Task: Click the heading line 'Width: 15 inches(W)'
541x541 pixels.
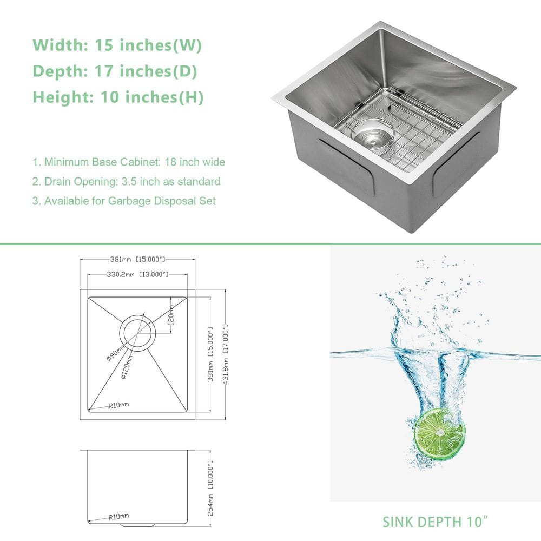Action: point(117,45)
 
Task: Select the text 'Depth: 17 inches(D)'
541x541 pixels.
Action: point(115,71)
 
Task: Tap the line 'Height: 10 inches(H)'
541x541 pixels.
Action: point(118,97)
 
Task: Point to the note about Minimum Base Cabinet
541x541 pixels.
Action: point(129,162)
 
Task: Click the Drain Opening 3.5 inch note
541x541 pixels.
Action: point(126,182)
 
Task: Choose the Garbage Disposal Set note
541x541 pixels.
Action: point(124,201)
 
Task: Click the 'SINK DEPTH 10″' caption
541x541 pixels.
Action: point(433,522)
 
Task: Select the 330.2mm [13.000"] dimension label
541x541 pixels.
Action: point(136,274)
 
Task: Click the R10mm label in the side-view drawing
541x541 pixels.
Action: point(118,517)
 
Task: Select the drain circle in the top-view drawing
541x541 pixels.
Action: point(136,332)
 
